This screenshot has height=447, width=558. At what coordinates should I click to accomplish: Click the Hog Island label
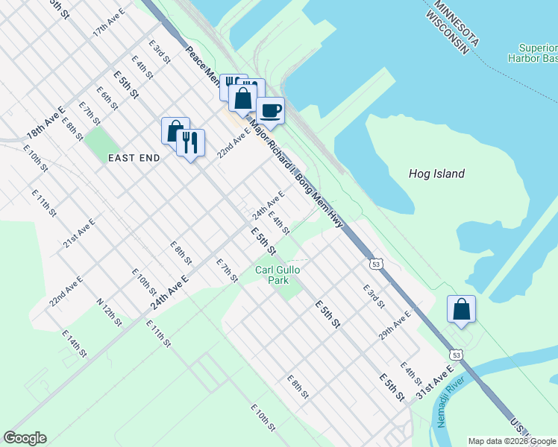click(x=436, y=174)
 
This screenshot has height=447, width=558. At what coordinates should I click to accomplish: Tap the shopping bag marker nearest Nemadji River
click(x=461, y=309)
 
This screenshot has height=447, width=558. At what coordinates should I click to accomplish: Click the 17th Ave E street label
click(x=109, y=24)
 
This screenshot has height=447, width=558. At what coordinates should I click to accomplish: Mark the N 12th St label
click(x=109, y=312)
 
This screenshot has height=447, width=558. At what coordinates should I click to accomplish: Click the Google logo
click(x=25, y=438)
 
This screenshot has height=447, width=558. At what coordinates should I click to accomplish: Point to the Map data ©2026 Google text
click(x=512, y=441)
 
